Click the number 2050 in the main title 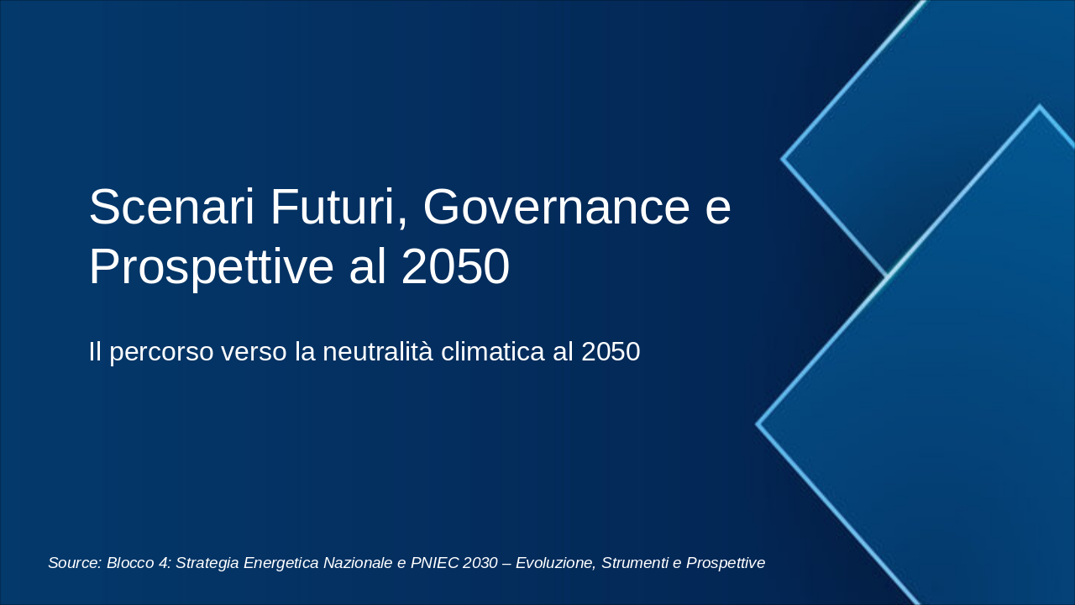455,268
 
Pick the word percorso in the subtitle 162,352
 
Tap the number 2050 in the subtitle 611,352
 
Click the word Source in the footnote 74,563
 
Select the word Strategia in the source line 207,563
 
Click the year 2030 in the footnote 480,563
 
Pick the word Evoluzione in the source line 553,563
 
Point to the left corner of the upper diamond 783,158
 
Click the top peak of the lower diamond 1040,107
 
